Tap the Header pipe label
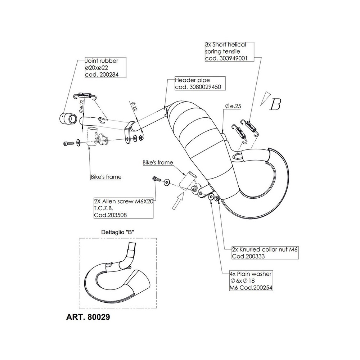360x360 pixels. click(189, 80)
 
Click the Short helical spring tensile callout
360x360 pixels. click(225, 45)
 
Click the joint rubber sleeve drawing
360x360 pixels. click(68, 118)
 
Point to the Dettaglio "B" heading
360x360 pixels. click(114, 232)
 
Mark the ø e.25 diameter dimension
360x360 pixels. click(232, 106)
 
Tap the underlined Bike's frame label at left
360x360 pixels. click(106, 177)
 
